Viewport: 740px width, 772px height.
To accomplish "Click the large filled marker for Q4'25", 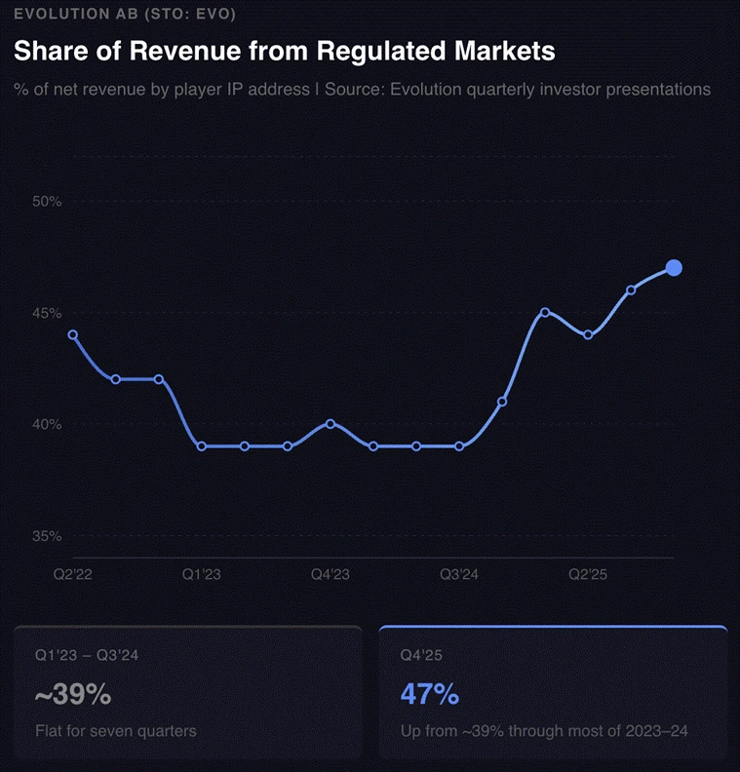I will [x=673, y=268].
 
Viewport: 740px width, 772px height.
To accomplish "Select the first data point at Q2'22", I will [x=73, y=335].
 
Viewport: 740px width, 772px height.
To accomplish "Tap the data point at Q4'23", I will [x=331, y=424].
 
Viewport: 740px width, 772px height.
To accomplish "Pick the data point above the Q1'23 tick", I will [x=202, y=446].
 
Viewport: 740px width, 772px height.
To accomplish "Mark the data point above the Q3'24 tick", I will [x=459, y=446].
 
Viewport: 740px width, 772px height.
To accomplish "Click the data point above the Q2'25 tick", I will [x=588, y=335].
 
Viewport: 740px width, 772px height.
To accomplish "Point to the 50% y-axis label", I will [x=47, y=202].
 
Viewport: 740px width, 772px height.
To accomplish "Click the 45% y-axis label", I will [x=47, y=313].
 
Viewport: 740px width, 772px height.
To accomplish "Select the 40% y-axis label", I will [x=47, y=424].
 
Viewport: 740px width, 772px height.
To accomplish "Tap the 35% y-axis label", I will [x=47, y=536].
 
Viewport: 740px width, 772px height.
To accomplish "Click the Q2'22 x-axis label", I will [x=73, y=575].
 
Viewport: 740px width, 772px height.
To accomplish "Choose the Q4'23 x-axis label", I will [x=331, y=575].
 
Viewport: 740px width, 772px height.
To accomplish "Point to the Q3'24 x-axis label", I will [x=459, y=575].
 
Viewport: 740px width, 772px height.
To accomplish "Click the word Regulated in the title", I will [x=391, y=51].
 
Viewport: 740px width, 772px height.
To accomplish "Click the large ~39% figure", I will [x=73, y=695].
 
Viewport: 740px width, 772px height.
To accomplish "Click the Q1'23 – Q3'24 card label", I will [x=87, y=656].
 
